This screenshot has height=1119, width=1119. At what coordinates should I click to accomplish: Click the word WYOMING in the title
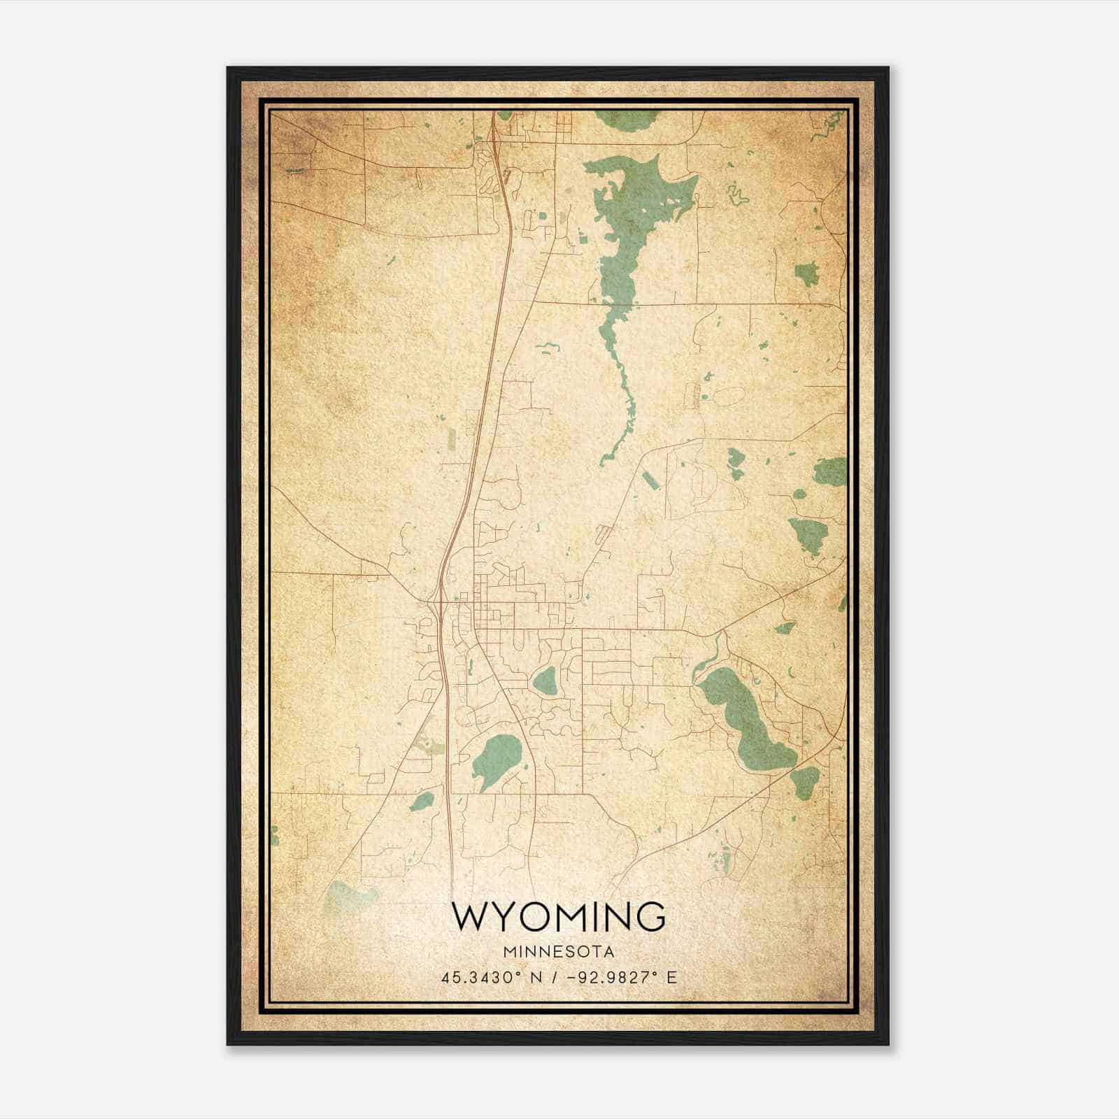pos(558,917)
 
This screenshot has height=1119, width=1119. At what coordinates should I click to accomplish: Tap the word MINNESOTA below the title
pos(558,952)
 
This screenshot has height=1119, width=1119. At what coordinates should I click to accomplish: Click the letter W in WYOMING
pos(469,917)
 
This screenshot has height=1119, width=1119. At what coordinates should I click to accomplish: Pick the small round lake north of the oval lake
pos(544,680)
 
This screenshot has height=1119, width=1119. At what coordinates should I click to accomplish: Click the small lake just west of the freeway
pos(422,801)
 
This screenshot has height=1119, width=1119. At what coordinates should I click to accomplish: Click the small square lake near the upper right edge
pos(806,273)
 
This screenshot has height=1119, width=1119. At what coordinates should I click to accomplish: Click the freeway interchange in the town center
pos(439,601)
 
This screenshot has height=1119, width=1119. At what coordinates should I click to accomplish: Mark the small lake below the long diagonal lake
pos(804,781)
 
